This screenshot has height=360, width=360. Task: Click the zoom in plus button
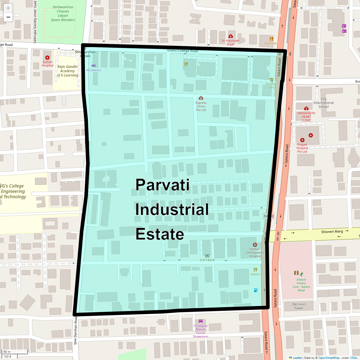[x=8, y=8]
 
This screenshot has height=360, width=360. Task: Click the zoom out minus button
[x=8, y=17]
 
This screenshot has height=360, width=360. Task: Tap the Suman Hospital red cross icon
[x=47, y=58]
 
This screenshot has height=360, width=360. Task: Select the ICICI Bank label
[x=207, y=260]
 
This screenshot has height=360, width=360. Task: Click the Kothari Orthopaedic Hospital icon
[x=255, y=245]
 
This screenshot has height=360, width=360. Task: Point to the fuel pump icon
[x=256, y=290]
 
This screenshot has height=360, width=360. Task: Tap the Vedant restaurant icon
[x=255, y=270]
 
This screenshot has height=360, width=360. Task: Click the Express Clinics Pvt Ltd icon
[x=201, y=98]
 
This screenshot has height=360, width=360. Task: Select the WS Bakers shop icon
[x=94, y=65]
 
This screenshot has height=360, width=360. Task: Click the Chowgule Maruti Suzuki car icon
[x=201, y=321]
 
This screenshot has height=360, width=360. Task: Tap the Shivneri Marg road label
[x=332, y=232]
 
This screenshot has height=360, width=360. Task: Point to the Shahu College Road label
[x=182, y=51]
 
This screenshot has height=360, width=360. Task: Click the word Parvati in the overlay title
[x=162, y=185]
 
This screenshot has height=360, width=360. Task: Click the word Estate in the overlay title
[x=160, y=234]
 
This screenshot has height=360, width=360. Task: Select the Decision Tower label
[x=299, y=306]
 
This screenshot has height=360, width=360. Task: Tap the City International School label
[x=323, y=103]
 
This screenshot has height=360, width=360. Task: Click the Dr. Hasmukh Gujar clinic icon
[x=231, y=36]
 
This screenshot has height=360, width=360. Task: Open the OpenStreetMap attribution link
[x=329, y=358]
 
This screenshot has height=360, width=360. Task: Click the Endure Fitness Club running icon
[x=301, y=274]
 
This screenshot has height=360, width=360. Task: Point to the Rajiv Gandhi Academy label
[x=67, y=71]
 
